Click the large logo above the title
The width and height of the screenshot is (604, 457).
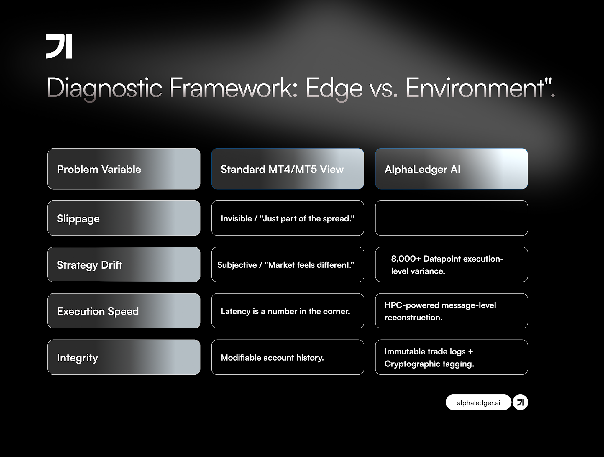pyautogui.click(x=59, y=47)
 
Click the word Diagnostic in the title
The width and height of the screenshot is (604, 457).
pyautogui.click(x=105, y=88)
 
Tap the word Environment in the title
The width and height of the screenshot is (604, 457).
pyautogui.click(x=475, y=88)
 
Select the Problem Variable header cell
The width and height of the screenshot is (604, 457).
pyautogui.click(x=124, y=169)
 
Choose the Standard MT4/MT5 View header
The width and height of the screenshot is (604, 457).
pyautogui.click(x=288, y=169)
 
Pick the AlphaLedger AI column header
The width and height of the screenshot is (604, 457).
pyautogui.click(x=451, y=169)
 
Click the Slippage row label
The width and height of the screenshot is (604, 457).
pyautogui.click(x=124, y=218)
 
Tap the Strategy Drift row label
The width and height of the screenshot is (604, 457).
pyautogui.click(x=124, y=264)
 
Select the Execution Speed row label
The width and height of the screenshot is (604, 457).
pyautogui.click(x=124, y=311)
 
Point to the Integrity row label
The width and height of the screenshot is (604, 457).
pyautogui.click(x=124, y=357)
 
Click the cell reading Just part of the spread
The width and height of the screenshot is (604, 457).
pyautogui.click(x=288, y=218)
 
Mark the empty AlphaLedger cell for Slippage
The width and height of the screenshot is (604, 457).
pyautogui.click(x=451, y=218)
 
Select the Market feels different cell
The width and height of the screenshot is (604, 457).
pyautogui.click(x=288, y=264)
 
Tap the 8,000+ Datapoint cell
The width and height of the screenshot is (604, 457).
pyautogui.click(x=451, y=264)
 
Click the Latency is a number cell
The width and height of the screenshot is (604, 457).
pyautogui.click(x=288, y=311)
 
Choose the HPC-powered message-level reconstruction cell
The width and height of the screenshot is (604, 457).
pyautogui.click(x=451, y=311)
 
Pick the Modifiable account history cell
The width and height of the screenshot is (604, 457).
pyautogui.click(x=288, y=357)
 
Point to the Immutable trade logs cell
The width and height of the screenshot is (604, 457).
pyautogui.click(x=451, y=357)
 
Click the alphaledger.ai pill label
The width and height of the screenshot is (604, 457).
pyautogui.click(x=478, y=402)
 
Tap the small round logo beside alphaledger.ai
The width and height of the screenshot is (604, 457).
pyautogui.click(x=520, y=402)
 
